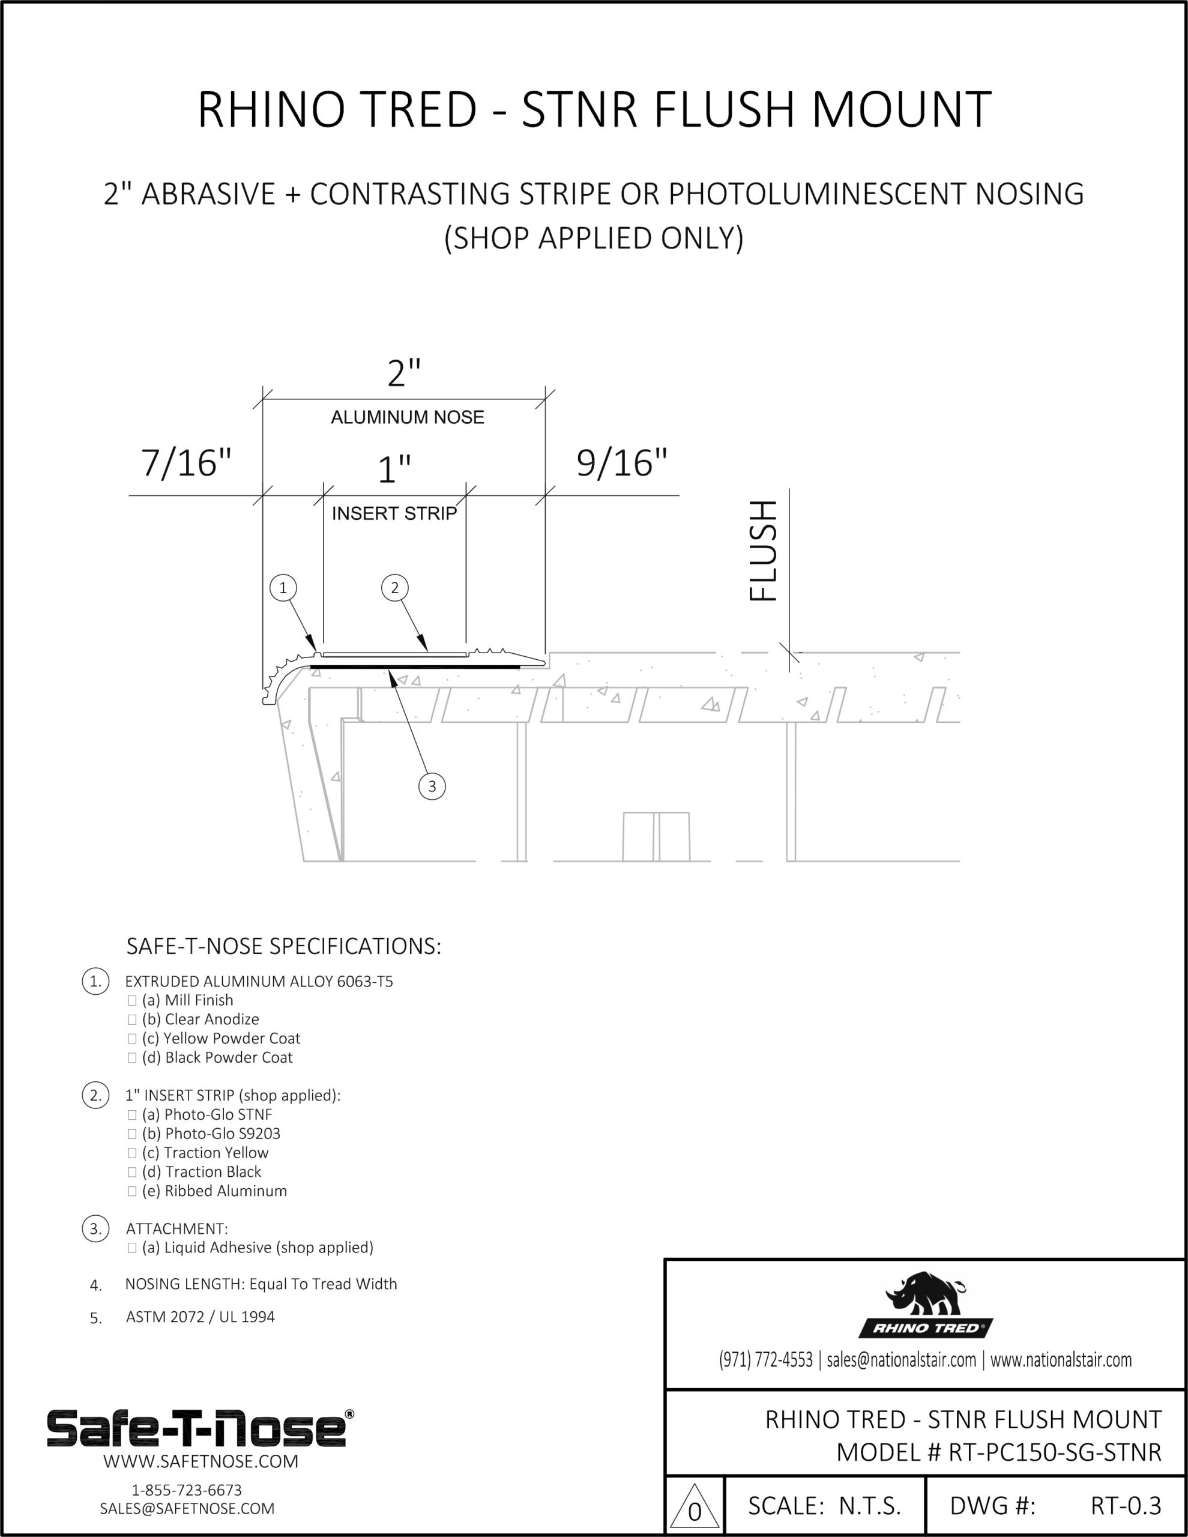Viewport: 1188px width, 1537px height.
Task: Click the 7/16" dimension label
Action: coord(187,463)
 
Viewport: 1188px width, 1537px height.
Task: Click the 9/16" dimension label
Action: coord(621,463)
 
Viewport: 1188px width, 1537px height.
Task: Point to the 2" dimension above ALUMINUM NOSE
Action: coord(404,373)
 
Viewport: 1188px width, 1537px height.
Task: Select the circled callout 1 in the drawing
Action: coord(283,588)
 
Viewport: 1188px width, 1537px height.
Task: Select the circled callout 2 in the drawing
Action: coord(395,588)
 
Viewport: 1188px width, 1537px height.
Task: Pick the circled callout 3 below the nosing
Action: coord(432,786)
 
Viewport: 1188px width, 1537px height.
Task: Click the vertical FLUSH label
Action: coord(764,551)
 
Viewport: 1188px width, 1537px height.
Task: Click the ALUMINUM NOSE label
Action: coord(408,417)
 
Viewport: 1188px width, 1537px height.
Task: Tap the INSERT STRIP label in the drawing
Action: coord(394,514)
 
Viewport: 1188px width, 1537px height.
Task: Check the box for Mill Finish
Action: coord(132,1001)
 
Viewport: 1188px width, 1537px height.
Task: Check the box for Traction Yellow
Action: coord(132,1153)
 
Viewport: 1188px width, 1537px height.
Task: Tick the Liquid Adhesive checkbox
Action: coord(132,1248)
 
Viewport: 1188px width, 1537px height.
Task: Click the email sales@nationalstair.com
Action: coord(901,1360)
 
